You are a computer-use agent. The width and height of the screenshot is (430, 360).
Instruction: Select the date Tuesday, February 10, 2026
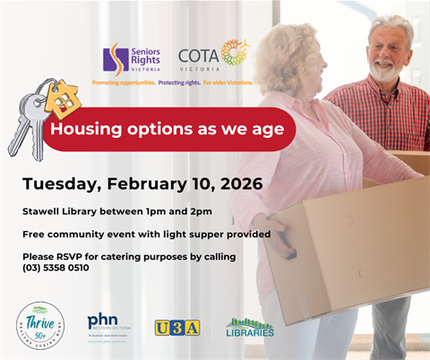[x=142, y=184]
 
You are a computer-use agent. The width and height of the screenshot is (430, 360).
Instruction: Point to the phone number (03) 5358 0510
[x=56, y=268]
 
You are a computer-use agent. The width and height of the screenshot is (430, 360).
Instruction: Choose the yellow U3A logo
[x=176, y=328]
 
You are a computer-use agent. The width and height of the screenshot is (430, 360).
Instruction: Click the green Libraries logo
[x=250, y=328]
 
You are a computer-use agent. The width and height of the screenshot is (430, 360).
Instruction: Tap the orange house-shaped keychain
[x=63, y=99]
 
